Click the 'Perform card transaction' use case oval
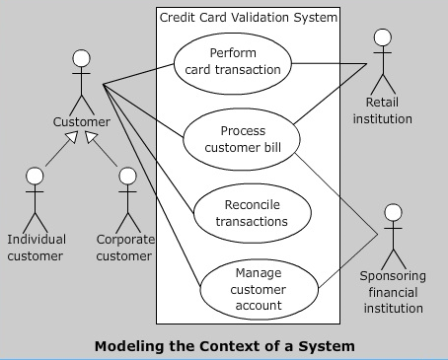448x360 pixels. tap(234, 61)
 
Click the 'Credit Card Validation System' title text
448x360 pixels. tap(248, 18)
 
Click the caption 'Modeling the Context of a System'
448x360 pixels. tap(224, 346)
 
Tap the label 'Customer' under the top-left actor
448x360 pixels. tap(81, 122)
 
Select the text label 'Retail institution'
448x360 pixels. tap(388, 110)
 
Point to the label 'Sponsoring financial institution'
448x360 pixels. tap(391, 292)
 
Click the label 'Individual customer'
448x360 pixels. tap(37, 248)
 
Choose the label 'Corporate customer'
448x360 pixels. tap(124, 248)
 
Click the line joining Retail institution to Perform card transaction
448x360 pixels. tap(336, 65)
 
